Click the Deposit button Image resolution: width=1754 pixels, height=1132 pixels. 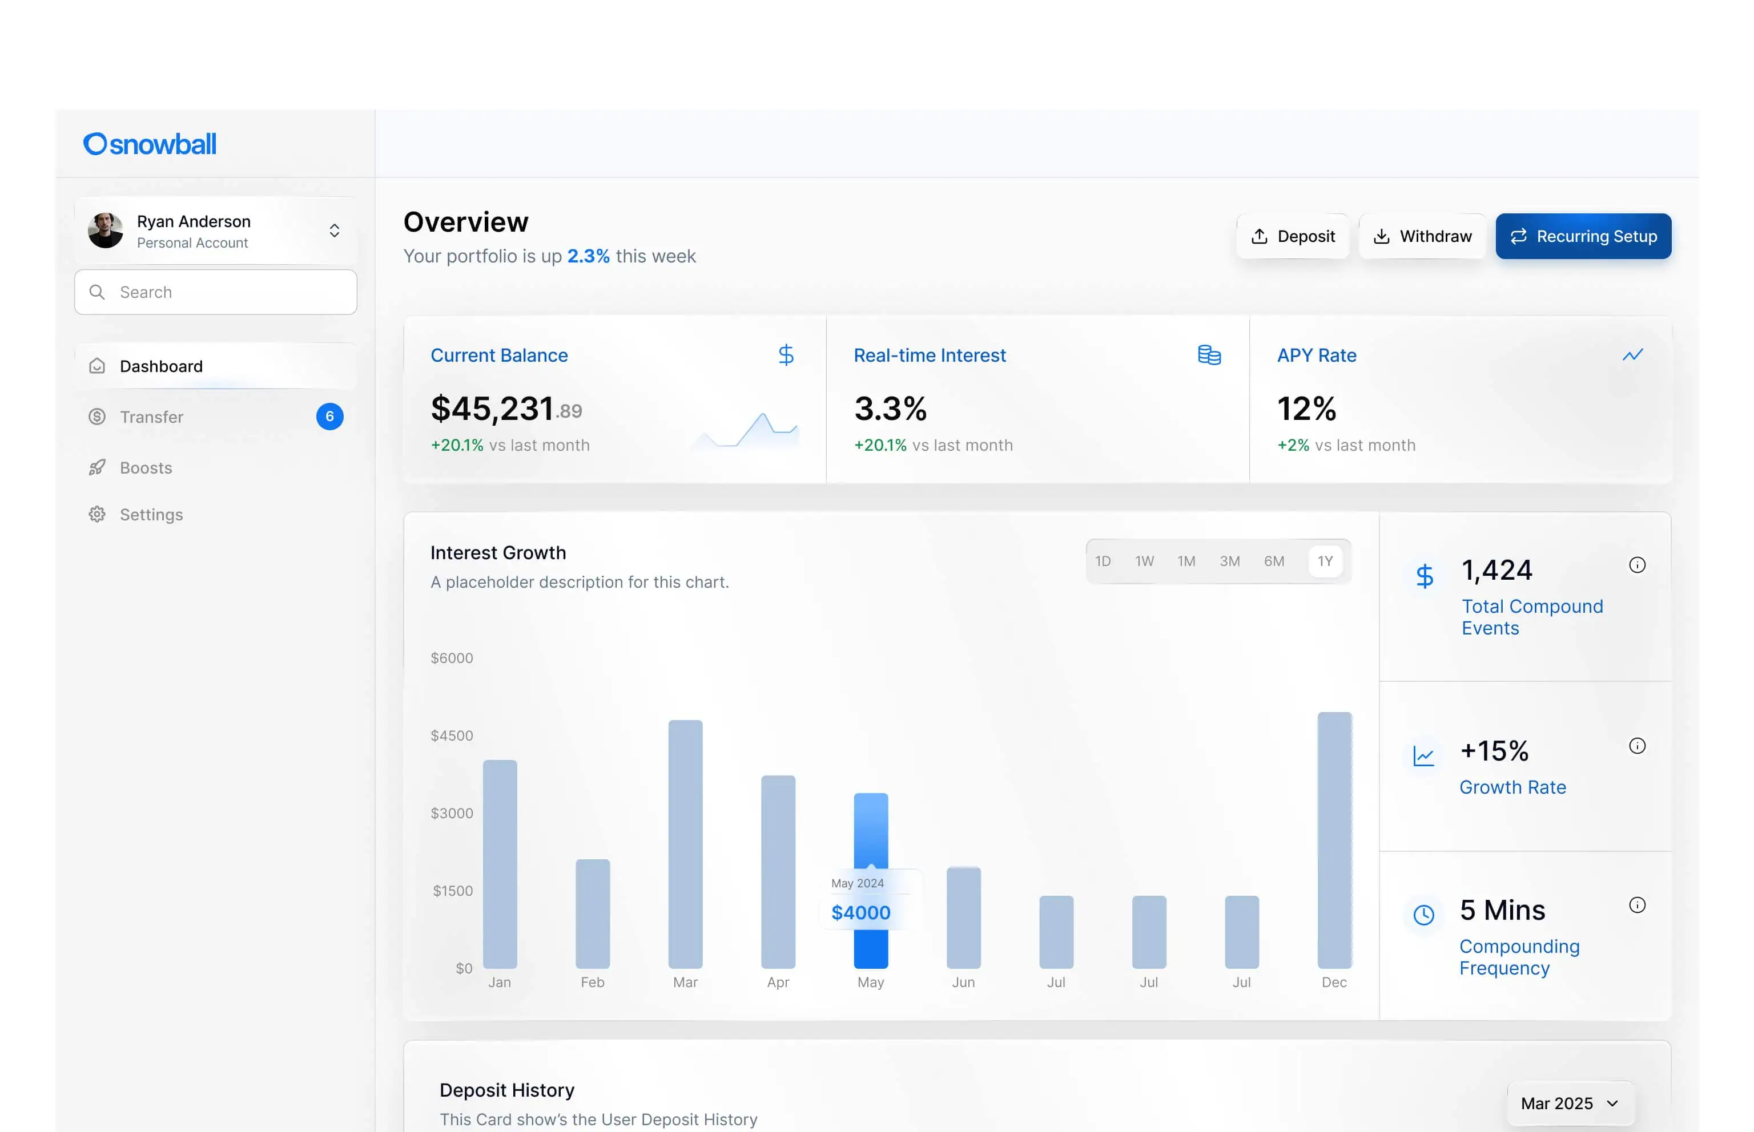(1292, 236)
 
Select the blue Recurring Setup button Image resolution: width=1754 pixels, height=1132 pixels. (1583, 236)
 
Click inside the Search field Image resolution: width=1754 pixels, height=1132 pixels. (215, 292)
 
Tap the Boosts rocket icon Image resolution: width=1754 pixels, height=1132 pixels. (97, 467)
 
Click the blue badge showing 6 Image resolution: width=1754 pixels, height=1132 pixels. (329, 417)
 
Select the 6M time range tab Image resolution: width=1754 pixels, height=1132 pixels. (1274, 561)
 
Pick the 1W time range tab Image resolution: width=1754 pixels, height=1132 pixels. (1144, 561)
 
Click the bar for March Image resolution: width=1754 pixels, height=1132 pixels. (685, 844)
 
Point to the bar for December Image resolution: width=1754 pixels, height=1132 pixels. (1334, 840)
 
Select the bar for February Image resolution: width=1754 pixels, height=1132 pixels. (592, 913)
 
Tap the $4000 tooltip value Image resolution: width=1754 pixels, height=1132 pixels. (860, 912)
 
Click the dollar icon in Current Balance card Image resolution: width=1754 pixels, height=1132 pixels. (786, 355)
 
